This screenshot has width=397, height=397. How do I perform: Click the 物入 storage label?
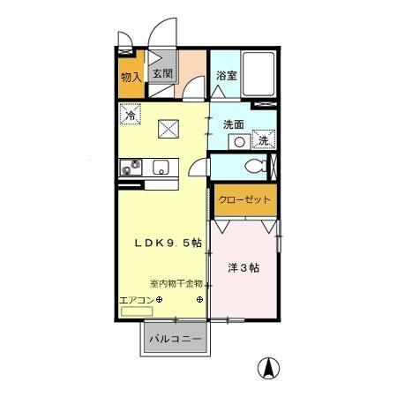tap(130, 77)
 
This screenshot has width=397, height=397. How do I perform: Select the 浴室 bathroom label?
tap(226, 76)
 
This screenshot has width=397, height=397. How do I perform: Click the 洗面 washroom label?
tap(233, 124)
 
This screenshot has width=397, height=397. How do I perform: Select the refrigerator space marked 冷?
tap(130, 115)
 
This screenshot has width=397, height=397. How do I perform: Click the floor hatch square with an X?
tap(169, 129)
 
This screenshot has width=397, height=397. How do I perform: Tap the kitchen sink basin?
tap(161, 166)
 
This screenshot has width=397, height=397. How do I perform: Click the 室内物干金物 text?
tap(176, 284)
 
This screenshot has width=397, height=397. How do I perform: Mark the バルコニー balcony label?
tap(175, 339)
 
